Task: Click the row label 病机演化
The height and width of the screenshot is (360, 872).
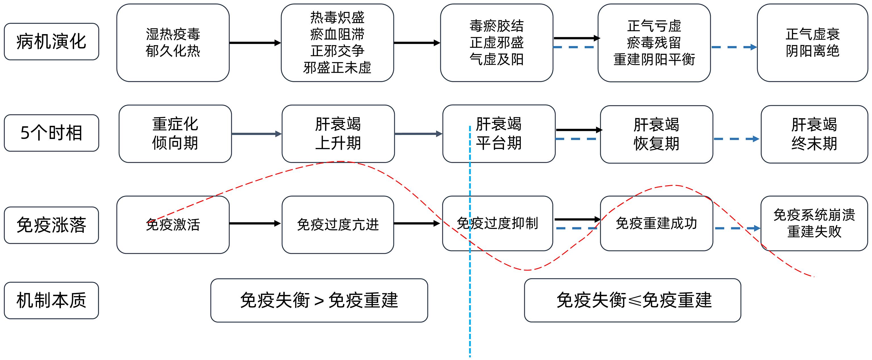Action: point(51,42)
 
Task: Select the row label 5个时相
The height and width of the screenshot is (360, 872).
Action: point(51,133)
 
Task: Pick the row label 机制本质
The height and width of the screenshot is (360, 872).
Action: point(51,300)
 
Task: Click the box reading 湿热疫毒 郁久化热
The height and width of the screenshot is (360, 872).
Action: point(173,43)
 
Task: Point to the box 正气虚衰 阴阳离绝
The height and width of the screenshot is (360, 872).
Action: point(812,43)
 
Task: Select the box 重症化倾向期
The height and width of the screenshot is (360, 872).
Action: point(175,134)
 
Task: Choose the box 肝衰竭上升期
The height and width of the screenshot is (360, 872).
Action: point(338,134)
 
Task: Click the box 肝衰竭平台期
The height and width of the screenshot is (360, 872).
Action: point(499,134)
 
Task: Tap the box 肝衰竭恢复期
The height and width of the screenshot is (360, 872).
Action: point(656,134)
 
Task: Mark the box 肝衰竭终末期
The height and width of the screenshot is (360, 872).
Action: point(814,134)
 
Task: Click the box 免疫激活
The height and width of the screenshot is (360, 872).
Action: point(173,224)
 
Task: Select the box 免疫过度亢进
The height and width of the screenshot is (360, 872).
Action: point(338,224)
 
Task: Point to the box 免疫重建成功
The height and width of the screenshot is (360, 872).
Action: point(656,224)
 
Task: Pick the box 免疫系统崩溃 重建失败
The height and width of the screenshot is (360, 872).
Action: point(814,224)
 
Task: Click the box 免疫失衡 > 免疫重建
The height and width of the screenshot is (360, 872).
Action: point(319,300)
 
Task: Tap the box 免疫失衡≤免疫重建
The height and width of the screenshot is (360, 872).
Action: point(632,300)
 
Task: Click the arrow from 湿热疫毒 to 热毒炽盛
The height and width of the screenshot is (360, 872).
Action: point(255,43)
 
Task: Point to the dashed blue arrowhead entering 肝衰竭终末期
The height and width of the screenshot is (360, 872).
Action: point(756,139)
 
